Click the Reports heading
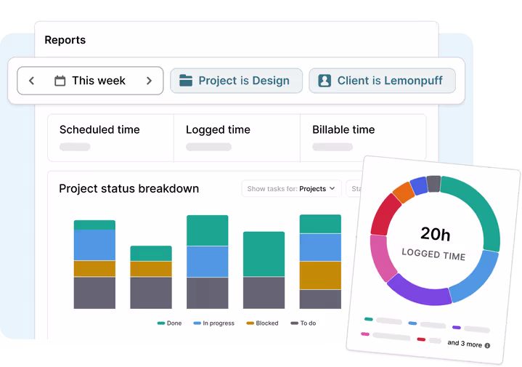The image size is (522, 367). [65, 40]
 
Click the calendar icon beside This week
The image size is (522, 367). [60, 81]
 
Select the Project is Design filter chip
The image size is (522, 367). [235, 81]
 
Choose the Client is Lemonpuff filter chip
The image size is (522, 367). [382, 81]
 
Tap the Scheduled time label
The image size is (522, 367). [99, 130]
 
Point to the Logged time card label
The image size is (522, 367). [218, 130]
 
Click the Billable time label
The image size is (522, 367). [343, 130]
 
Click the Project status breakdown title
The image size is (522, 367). [129, 189]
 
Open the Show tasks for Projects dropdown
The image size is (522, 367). [291, 189]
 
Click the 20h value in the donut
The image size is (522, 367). [435, 234]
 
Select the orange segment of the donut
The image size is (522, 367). [403, 193]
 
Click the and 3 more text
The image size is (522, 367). [465, 344]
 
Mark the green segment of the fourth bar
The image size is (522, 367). [264, 254]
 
